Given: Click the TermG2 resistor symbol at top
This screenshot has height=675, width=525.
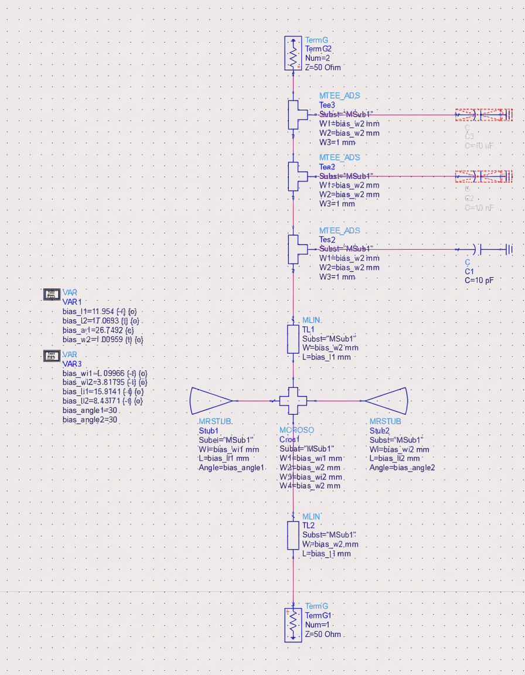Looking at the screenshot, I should (293, 53).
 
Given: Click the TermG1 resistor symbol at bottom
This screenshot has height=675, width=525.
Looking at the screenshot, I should (293, 625).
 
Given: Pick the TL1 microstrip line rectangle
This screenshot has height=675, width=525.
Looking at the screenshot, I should (293, 339).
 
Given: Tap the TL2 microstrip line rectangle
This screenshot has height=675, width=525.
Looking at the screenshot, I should (293, 536).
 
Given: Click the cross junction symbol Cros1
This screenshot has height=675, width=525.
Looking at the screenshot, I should (293, 401).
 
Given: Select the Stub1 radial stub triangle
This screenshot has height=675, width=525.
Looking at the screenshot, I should (212, 401).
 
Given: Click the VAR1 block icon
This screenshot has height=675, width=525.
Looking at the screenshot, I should (52, 293).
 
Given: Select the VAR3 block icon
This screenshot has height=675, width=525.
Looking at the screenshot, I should (52, 356).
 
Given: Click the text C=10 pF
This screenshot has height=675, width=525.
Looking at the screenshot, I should (479, 281).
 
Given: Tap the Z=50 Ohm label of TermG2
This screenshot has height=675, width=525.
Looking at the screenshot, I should (322, 67).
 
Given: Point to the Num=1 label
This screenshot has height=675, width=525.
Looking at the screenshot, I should (318, 625).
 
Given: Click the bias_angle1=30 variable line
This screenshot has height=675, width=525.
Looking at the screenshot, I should (90, 410).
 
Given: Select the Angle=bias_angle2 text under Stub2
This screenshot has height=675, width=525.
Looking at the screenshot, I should (402, 468).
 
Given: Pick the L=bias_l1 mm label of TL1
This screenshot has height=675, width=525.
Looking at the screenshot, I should (326, 357).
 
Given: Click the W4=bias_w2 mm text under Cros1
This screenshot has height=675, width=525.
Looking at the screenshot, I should (309, 486).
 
